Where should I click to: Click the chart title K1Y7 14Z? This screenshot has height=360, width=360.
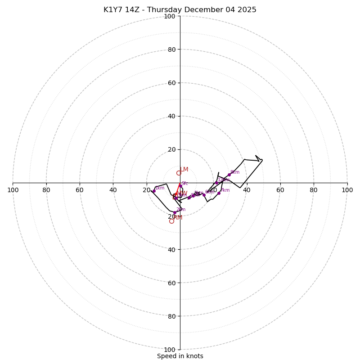tap(180, 10)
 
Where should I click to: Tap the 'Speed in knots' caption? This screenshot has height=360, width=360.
tap(180, 356)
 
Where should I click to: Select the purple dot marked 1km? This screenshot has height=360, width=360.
tap(154, 191)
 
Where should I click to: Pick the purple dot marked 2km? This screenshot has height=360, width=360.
tap(175, 212)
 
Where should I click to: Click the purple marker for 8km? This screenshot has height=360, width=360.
tap(229, 175)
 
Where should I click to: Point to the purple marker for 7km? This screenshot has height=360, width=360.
tap(219, 193)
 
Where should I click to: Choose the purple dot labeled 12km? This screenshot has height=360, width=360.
tap(216, 183)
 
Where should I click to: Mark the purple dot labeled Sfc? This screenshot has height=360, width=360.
tap(180, 185)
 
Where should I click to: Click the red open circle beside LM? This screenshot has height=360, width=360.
tap(179, 173)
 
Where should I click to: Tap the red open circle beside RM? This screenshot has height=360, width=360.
tap(171, 221)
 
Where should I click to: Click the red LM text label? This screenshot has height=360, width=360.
tap(184, 170)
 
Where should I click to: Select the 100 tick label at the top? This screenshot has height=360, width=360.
tap(170, 16)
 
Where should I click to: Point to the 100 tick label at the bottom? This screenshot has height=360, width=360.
tap(170, 350)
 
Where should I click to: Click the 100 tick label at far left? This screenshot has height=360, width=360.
tap(13, 190)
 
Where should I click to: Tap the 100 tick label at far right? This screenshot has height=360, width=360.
tap(347, 190)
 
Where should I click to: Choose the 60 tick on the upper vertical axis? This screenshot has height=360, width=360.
tap(171, 83)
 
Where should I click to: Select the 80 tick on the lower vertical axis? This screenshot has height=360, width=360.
tap(171, 316)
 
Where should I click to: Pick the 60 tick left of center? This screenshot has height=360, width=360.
tap(80, 190)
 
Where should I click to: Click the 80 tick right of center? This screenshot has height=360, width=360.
tap(314, 190)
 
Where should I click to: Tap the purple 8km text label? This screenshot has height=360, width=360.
tap(235, 172)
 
